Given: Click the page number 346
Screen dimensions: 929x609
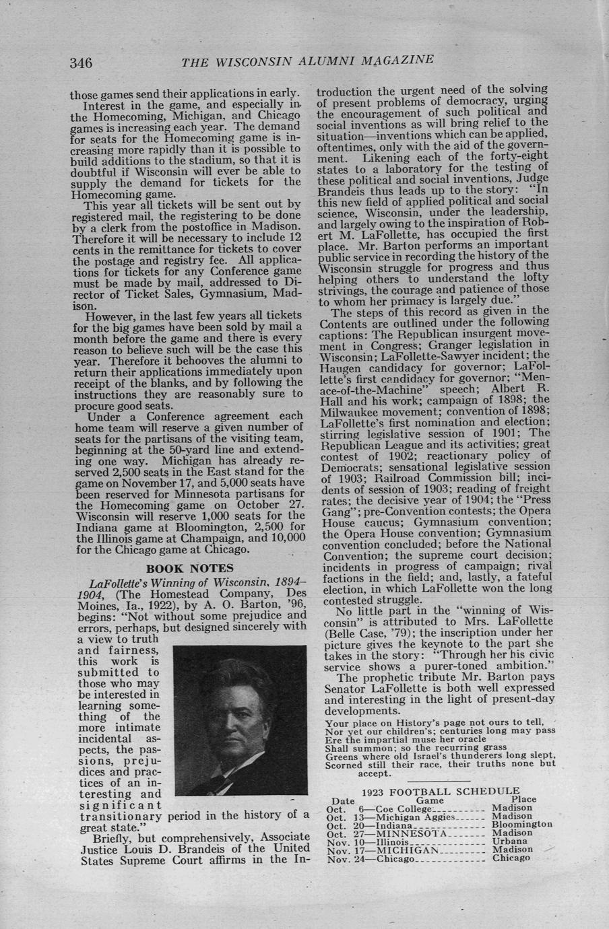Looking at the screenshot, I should [80, 63].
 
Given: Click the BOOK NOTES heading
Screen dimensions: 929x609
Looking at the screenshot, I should [190, 567].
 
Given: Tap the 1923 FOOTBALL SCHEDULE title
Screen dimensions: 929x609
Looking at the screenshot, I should [441, 791].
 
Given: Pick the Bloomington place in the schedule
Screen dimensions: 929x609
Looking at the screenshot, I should [522, 824].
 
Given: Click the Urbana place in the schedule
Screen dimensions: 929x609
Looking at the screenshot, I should [507, 841].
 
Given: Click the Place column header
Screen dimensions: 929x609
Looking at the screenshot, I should [523, 799].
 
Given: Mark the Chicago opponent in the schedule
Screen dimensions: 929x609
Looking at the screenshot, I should [394, 859].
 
